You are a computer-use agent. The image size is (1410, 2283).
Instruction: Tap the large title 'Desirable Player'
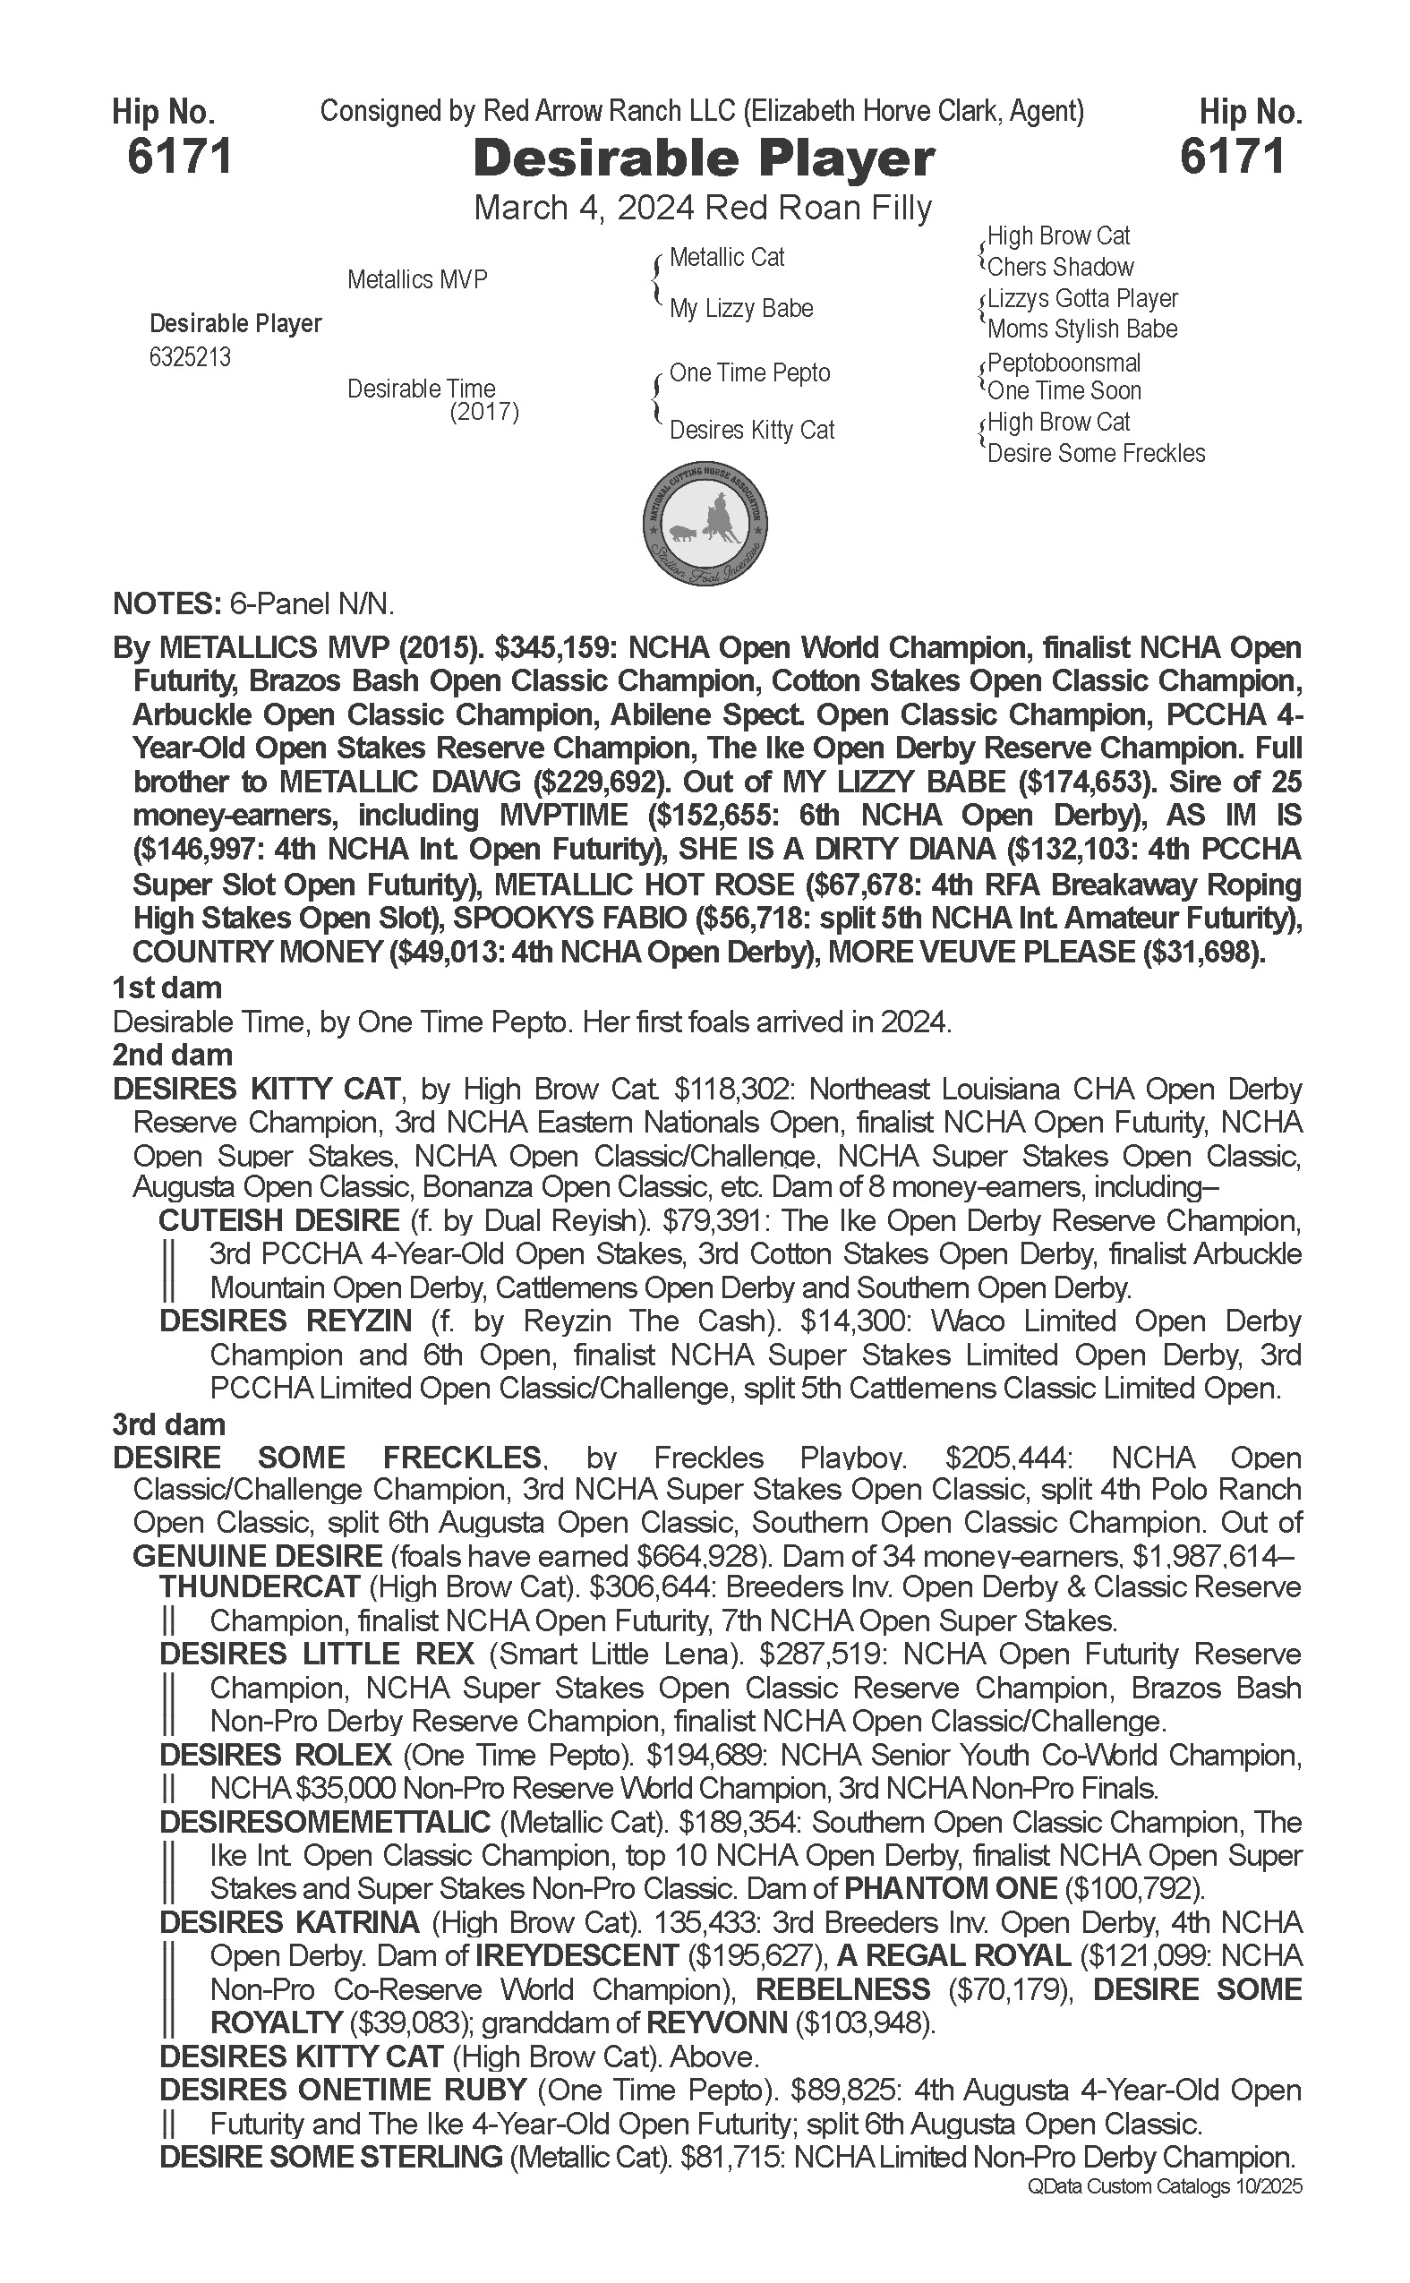(703, 158)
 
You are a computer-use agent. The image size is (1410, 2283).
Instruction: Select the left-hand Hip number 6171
(179, 156)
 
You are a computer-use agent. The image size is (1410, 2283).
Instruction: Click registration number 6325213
(189, 358)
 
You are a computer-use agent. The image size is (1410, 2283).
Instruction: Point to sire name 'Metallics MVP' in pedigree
(417, 279)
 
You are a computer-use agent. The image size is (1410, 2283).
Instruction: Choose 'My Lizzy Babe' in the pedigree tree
(740, 309)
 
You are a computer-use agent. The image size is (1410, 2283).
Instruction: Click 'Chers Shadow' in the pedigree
(1060, 268)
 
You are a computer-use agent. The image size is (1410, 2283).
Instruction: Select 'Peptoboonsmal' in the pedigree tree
(1064, 363)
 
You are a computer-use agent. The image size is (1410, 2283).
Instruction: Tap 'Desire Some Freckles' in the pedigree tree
(1096, 454)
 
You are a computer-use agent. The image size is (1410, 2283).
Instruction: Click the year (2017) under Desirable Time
(484, 412)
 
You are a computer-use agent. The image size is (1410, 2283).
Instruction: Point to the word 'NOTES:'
(164, 604)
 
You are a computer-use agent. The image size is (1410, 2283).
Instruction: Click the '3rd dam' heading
(169, 1424)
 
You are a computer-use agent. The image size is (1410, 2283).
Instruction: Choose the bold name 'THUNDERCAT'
(260, 1586)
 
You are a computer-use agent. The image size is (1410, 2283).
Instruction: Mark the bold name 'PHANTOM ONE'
(949, 1888)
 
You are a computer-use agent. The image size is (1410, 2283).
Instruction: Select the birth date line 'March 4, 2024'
(583, 208)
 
